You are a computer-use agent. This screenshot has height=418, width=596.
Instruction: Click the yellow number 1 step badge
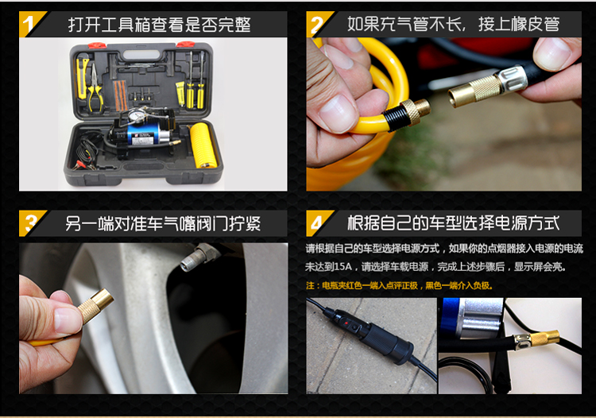point(29,24)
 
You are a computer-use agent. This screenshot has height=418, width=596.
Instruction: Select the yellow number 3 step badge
point(29,223)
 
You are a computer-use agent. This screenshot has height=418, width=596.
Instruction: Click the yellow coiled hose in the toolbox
point(203,145)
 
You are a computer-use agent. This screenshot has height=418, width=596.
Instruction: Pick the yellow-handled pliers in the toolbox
point(95,88)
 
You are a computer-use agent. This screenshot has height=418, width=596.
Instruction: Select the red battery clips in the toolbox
point(84,165)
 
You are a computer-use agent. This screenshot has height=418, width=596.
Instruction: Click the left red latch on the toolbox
point(97,45)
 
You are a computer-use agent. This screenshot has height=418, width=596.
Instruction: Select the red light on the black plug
point(345,323)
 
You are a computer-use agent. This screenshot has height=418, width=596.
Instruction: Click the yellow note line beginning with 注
point(399,285)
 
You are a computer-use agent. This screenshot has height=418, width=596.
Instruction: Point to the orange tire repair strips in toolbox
point(121,95)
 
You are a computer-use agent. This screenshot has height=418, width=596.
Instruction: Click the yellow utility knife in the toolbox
point(82,78)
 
